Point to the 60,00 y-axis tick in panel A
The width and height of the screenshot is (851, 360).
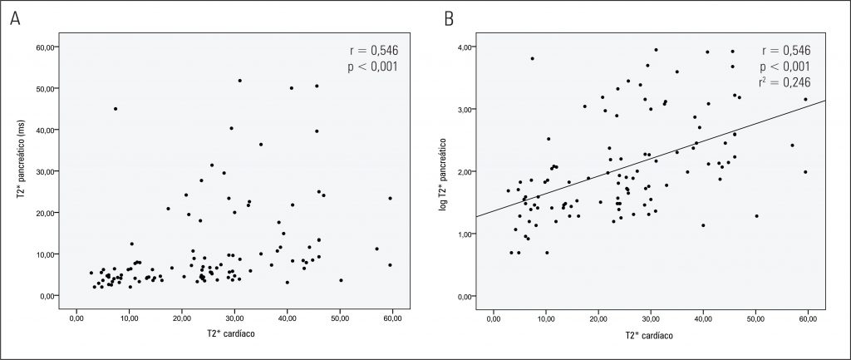click(46, 47)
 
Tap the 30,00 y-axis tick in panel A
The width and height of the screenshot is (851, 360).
click(46, 171)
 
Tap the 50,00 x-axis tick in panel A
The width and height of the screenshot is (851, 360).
click(341, 317)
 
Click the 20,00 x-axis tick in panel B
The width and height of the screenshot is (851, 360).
click(598, 317)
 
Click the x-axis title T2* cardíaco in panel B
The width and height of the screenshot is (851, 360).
click(651, 335)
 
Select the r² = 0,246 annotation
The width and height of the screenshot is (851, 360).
click(784, 81)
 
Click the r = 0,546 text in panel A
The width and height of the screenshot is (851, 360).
click(371, 49)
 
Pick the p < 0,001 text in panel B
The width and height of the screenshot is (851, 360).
click(783, 66)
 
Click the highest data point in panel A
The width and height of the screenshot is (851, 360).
click(239, 81)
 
